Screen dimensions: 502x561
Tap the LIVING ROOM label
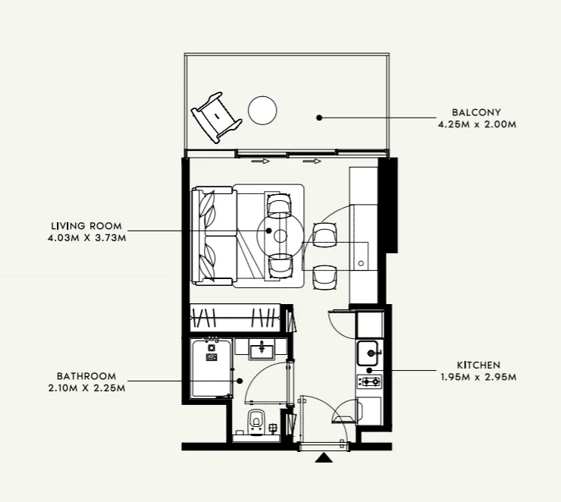(86, 226)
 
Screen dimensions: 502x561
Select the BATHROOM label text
(86, 376)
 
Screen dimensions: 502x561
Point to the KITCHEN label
(478, 365)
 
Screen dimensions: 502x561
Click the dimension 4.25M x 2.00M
(476, 124)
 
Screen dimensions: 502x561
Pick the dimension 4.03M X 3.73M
(86, 238)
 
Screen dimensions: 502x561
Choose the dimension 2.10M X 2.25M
(86, 388)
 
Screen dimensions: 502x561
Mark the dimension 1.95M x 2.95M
(478, 377)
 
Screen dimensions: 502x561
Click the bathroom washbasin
(262, 349)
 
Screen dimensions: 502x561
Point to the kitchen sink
(369, 352)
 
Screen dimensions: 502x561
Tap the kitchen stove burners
(369, 381)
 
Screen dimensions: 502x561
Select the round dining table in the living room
(280, 236)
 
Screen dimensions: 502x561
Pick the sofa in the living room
(215, 236)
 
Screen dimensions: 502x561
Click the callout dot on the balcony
(320, 118)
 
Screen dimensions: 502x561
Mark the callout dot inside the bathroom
(239, 382)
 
